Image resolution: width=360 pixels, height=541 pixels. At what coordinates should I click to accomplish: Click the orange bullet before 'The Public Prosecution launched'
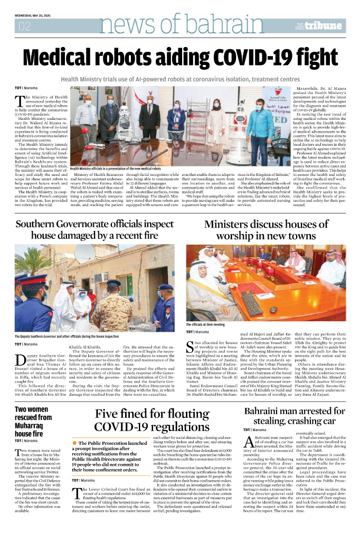75,442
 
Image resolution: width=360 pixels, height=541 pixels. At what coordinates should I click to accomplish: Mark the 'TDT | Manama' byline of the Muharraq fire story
25,440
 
